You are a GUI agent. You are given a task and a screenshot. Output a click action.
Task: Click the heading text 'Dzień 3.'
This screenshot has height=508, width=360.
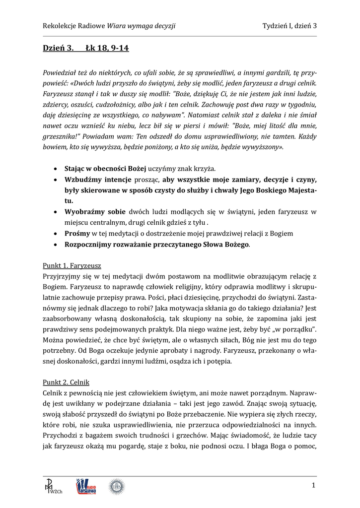pyautogui.click(x=58, y=49)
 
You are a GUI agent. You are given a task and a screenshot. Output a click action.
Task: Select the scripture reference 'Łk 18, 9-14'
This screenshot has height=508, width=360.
pyautogui.click(x=104, y=49)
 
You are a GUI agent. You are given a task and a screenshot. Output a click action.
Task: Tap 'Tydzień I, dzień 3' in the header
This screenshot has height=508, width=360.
pyautogui.click(x=289, y=26)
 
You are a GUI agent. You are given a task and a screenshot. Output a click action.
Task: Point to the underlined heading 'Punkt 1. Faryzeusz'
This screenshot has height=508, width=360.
pyautogui.click(x=72, y=265)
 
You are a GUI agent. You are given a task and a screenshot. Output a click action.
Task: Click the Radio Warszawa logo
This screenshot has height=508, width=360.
pyautogui.click(x=86, y=487)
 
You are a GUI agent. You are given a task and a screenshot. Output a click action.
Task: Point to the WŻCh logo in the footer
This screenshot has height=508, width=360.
pyautogui.click(x=52, y=487)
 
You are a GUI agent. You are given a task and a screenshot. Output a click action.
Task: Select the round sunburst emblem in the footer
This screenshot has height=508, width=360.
pyautogui.click(x=117, y=487)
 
